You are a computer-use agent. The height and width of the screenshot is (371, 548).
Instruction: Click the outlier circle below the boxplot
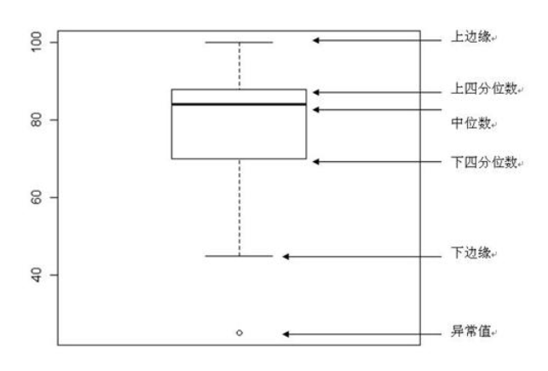pos(239,333)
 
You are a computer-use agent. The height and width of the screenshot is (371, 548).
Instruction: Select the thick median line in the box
pos(239,104)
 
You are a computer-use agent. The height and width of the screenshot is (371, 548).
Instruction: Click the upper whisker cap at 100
pos(239,42)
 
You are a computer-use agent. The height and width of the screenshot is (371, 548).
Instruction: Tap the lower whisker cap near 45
pos(239,255)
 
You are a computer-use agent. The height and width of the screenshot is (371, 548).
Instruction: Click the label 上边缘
pos(468,40)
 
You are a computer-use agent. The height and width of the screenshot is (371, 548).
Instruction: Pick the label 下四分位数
pos(473,160)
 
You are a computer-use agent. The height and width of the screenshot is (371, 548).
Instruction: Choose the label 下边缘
pos(468,255)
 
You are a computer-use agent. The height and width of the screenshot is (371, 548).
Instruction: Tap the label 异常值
pos(468,333)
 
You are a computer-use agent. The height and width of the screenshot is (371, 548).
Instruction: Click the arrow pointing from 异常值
pos(358,333)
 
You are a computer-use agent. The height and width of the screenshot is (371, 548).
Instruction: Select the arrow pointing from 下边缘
pos(358,256)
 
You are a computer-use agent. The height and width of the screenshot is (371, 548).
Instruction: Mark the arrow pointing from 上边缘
pos(375,40)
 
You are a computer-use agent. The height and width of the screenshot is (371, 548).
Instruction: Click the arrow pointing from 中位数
pos(375,109)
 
